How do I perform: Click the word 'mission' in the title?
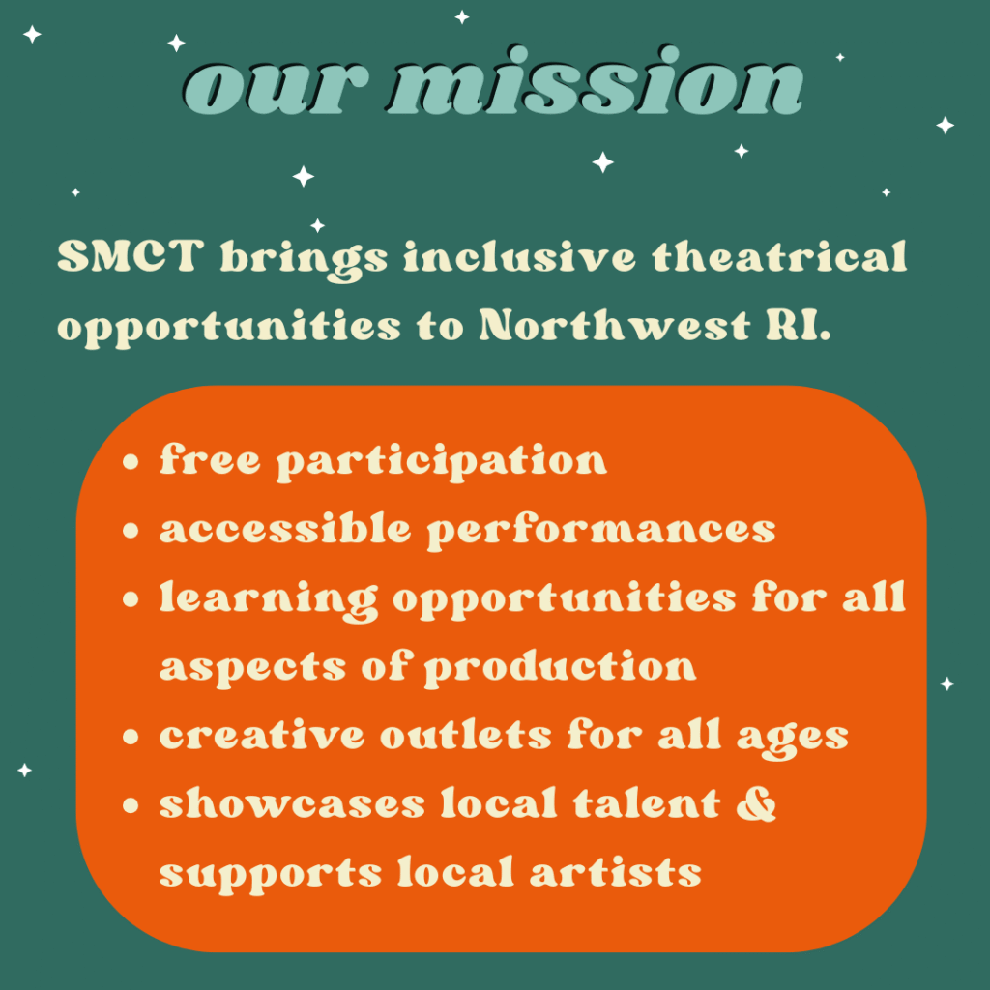point(596,81)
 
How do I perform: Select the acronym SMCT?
point(131,256)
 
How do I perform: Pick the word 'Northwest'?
point(614,326)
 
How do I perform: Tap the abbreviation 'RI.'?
point(798,326)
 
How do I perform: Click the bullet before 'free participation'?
point(131,461)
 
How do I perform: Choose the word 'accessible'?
point(285,528)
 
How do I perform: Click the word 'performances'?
point(601,532)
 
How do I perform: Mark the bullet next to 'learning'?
point(131,599)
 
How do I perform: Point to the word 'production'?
point(560,669)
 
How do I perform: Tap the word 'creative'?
point(262,735)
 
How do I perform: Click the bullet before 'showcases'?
point(131,805)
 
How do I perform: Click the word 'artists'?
point(616,872)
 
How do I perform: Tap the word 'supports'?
point(271,875)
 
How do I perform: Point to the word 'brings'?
point(304,260)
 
